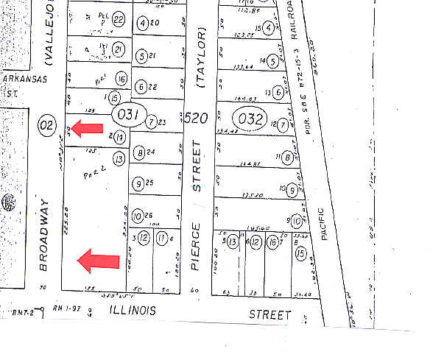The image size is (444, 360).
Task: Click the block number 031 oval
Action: (x=124, y=116)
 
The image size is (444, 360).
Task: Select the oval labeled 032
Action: (x=247, y=117)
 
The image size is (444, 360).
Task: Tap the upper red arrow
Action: (x=86, y=129)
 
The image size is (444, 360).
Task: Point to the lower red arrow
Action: (x=99, y=260)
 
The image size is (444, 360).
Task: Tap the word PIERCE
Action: (x=196, y=255)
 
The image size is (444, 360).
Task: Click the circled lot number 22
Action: (x=119, y=19)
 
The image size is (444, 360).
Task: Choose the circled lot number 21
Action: (x=119, y=50)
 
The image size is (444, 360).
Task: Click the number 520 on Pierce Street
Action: (x=196, y=117)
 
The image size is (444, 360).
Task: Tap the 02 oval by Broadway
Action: (x=46, y=124)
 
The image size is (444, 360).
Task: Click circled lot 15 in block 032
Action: (x=300, y=253)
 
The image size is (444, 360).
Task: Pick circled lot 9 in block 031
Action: (x=138, y=183)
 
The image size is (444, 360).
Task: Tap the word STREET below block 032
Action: (x=269, y=314)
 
